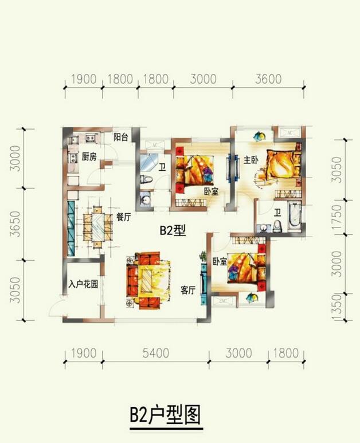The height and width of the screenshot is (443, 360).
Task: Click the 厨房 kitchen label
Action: (89, 156)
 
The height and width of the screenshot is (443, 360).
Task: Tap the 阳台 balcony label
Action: (120, 138)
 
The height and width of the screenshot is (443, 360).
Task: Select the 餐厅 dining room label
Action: (123, 217)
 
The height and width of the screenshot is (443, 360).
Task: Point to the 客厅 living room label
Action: (188, 290)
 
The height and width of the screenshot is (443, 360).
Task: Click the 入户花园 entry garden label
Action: (83, 284)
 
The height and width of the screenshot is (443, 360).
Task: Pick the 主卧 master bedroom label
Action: (251, 160)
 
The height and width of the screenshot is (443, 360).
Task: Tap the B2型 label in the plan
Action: (173, 230)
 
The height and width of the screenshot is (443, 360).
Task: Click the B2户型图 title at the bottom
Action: (165, 415)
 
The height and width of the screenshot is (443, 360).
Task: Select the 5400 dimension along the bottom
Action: (156, 353)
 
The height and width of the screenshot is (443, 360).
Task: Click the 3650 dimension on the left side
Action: (15, 224)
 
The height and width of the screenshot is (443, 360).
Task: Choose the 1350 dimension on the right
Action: (336, 307)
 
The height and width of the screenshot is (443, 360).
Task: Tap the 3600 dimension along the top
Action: (268, 79)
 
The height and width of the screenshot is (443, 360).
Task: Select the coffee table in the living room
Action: (147, 281)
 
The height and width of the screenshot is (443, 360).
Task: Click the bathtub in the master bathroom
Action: (295, 215)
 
